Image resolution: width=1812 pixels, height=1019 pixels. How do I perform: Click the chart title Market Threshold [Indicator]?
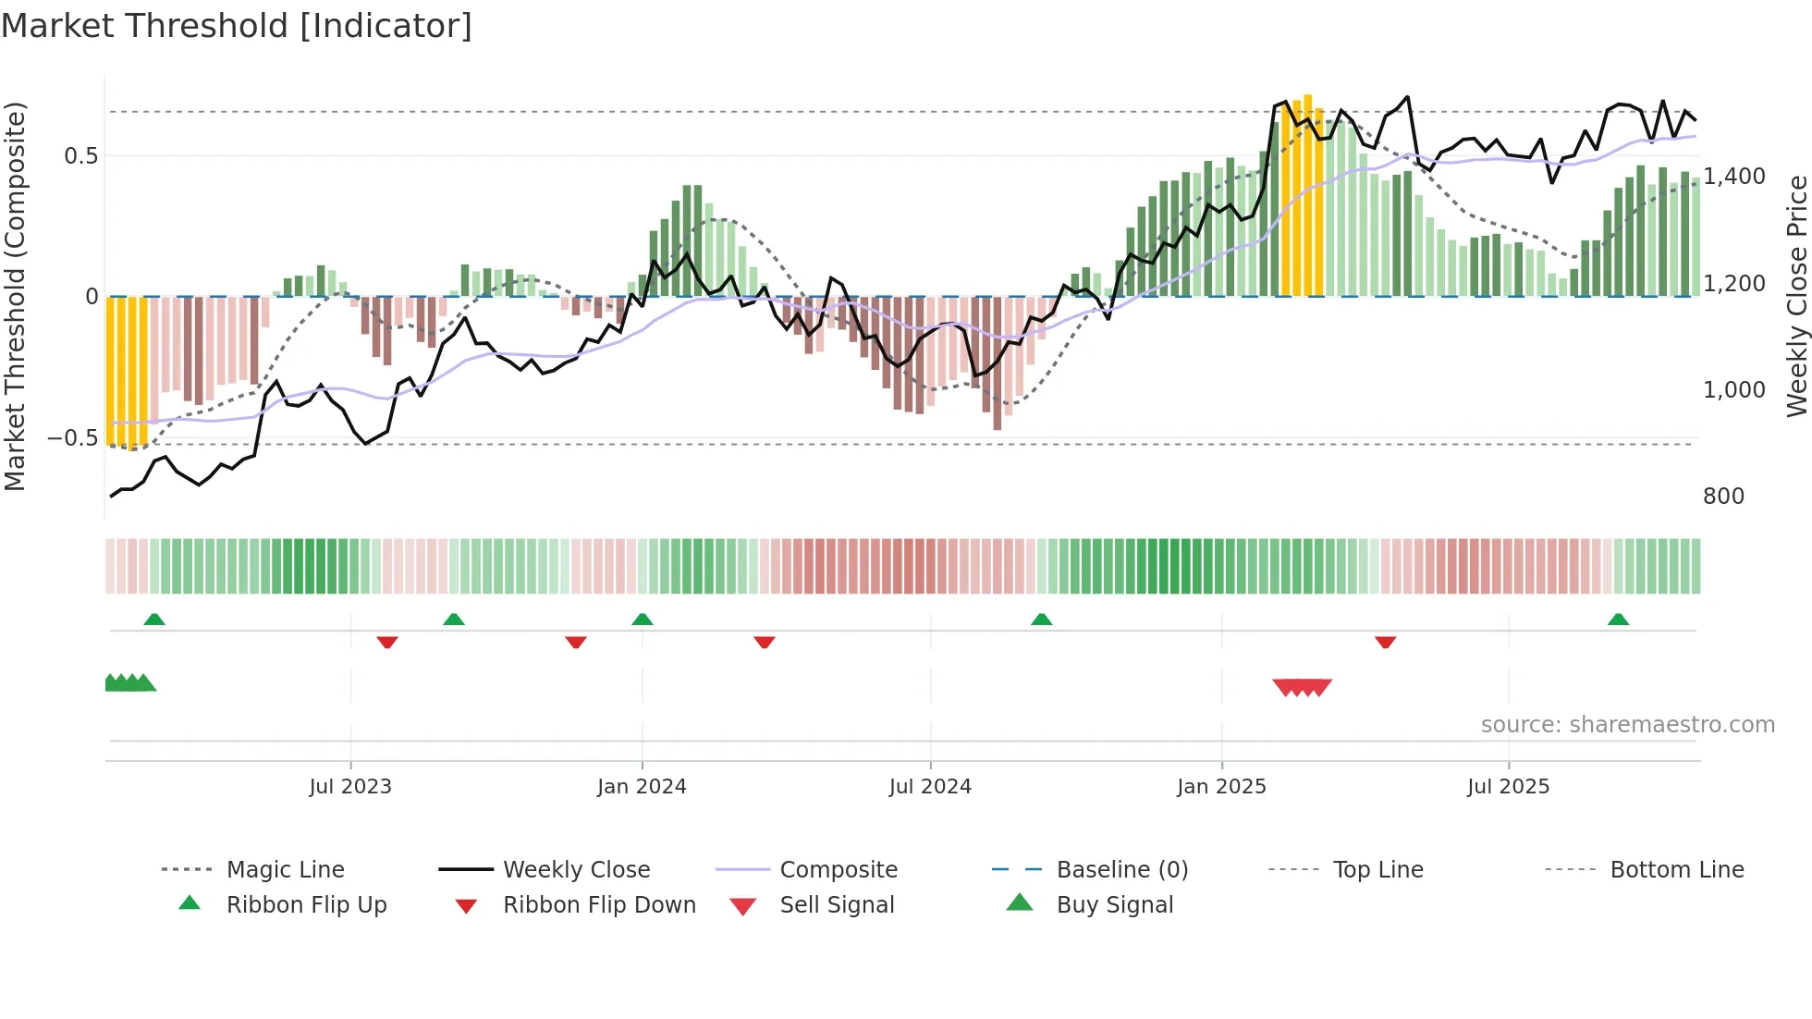point(237,26)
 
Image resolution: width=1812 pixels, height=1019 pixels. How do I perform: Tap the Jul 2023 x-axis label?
point(350,787)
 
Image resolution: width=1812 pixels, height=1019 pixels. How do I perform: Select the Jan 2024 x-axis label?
point(642,787)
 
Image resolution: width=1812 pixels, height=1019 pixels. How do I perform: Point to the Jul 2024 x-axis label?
point(930,787)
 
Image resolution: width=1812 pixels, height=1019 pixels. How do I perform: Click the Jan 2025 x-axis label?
point(1221,787)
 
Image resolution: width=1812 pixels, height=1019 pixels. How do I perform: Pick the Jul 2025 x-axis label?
point(1508,787)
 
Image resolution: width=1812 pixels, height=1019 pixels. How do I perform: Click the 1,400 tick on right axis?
point(1734,176)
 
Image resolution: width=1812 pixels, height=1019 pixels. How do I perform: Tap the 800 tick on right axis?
point(1723,497)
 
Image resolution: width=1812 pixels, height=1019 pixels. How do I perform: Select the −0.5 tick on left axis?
point(73,437)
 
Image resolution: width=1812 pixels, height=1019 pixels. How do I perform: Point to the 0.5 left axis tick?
point(80,155)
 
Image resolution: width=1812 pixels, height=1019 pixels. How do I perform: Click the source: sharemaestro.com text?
point(1627,725)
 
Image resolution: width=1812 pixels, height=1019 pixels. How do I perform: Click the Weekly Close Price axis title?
point(1796,296)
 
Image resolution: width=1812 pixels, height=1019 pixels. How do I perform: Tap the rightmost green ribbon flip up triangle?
point(1618,620)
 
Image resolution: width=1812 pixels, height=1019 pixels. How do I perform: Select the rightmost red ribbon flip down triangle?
point(1385,642)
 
